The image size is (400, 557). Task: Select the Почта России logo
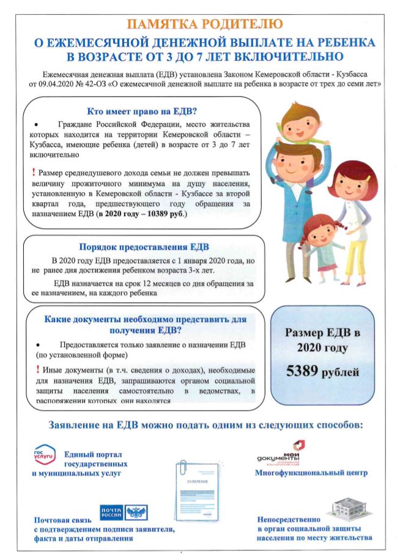[123, 513]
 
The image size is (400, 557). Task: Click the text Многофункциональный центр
[311, 473]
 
